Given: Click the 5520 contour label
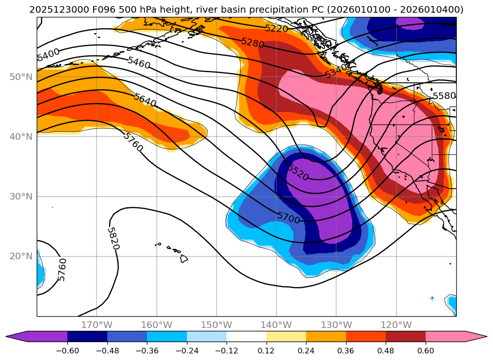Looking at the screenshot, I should tap(298, 173).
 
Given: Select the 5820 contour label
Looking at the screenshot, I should tap(113, 239).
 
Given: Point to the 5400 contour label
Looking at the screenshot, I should tap(48, 55).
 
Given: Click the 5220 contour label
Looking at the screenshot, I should tap(276, 28).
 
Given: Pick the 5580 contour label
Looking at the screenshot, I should tap(444, 96).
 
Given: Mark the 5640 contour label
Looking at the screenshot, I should tap(145, 101).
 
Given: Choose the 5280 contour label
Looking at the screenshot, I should tap(253, 43).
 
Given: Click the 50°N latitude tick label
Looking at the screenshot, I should tap(21, 77).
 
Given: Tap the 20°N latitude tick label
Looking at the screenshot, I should tap(21, 256).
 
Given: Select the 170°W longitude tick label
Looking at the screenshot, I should tap(97, 325).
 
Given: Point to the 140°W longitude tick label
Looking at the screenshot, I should tap(276, 325).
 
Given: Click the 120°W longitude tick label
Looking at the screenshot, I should tap(396, 325).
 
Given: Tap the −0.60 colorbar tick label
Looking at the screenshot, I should tap(67, 350).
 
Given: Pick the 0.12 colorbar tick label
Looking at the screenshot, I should tap(266, 350).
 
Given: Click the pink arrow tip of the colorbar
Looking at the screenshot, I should tap(480, 336).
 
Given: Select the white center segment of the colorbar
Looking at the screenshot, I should tap(246, 336).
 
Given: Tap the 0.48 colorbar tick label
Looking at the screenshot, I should tap(386, 350).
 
